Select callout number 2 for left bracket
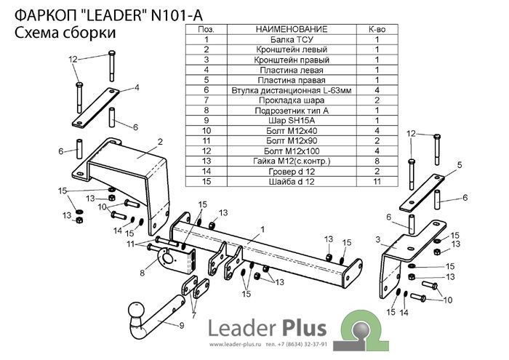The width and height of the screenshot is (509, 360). point(159,140)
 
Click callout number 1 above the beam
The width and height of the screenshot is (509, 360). point(258,229)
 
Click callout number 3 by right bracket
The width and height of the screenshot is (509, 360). point(378,239)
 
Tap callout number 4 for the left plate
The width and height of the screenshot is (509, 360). point(136,88)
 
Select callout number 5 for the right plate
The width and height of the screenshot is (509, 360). point(460,167)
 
